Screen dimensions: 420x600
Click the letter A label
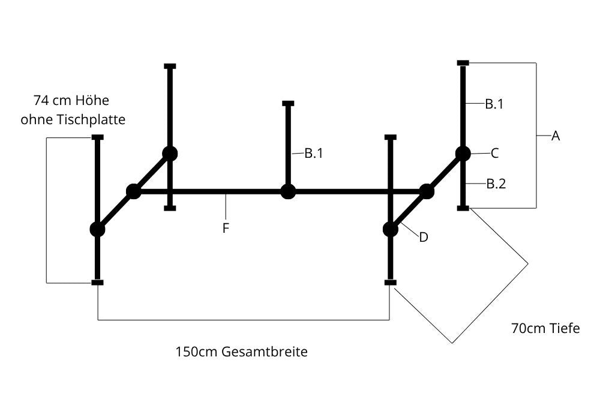[x=556, y=136]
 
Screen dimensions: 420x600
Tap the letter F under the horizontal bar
[x=226, y=228]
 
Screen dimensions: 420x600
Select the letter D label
[x=424, y=238]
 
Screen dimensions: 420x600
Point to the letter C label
[x=494, y=154]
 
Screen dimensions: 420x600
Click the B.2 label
[x=496, y=184]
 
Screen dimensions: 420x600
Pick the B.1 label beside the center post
[x=314, y=154]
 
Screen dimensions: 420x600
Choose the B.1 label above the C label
[x=494, y=104]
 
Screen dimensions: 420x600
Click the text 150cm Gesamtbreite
[x=241, y=352]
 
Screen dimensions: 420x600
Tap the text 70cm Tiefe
[x=545, y=328]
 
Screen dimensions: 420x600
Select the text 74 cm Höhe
[x=71, y=100]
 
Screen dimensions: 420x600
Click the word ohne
[x=35, y=119]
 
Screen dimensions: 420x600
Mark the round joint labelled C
[x=463, y=154]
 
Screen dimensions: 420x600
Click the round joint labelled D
[x=391, y=229]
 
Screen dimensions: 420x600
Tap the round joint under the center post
[x=288, y=192]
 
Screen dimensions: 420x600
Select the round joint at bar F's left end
[x=133, y=192]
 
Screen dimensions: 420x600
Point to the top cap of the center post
[x=288, y=104]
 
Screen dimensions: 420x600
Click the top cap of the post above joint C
[x=463, y=63]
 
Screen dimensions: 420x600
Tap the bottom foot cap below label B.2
[x=463, y=208]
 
